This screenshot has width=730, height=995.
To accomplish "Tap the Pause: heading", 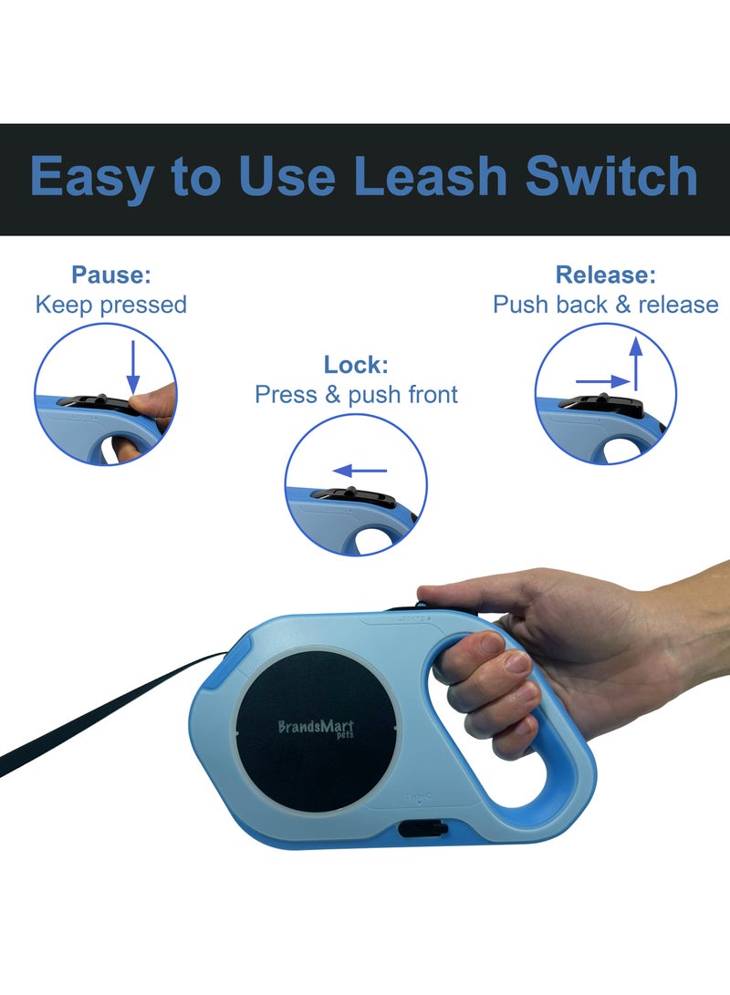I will (x=110, y=275).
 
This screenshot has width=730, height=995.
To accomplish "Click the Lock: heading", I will (x=356, y=366).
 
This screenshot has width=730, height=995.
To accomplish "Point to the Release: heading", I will (x=605, y=275).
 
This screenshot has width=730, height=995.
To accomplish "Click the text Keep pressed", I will (x=110, y=305).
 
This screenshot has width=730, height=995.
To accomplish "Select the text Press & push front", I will (x=356, y=395).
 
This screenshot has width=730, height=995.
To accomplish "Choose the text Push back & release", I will (x=605, y=305).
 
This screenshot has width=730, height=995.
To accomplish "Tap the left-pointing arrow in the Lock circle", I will (x=360, y=472).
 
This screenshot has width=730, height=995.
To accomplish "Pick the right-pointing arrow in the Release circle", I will (x=603, y=382).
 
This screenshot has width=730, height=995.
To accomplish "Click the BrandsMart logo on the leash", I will (x=316, y=728).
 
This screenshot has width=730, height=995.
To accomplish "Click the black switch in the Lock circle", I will (x=355, y=497).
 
